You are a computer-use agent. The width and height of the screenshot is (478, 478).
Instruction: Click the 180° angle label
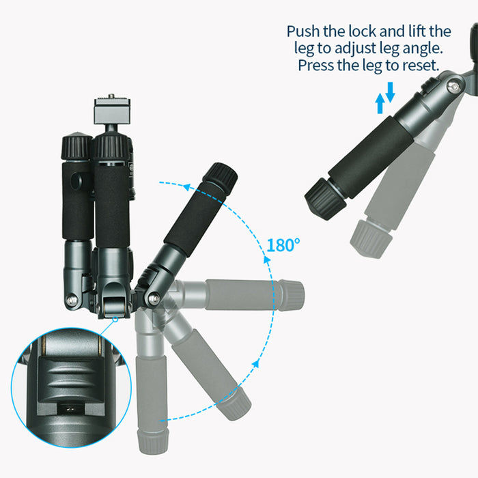283,245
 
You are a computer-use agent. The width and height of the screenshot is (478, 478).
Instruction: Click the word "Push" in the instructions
303,31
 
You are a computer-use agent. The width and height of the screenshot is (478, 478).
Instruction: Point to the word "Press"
315,65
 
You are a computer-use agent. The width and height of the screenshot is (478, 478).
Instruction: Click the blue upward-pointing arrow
380,103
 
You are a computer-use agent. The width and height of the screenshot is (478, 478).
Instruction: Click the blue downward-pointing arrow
391,92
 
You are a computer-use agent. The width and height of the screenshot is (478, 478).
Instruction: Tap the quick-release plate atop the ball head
112,111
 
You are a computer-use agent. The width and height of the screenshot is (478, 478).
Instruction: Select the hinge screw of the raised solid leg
153,298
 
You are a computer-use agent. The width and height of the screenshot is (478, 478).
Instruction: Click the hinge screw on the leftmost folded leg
72,300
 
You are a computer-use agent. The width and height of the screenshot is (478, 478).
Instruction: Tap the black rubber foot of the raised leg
220,176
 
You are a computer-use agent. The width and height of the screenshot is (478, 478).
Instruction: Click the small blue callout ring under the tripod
115,320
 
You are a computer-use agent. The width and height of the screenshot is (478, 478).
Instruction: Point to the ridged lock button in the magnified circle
71,378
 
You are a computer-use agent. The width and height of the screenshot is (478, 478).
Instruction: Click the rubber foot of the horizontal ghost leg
292,295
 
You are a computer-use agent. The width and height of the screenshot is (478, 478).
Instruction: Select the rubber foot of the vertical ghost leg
154,441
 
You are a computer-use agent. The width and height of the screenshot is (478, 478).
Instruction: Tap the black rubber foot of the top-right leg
326,199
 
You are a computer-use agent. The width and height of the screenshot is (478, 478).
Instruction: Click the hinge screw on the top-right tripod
455,87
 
